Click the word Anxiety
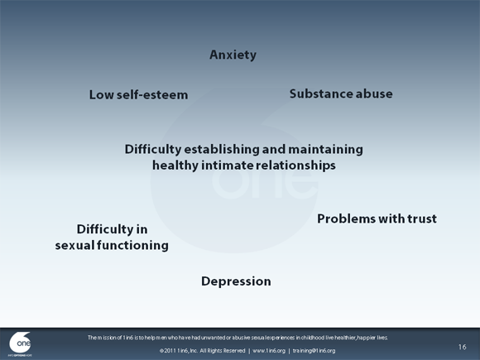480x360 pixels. coord(233,55)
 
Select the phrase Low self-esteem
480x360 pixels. coord(138,94)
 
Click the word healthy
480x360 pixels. coord(175,166)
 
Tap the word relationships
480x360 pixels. coord(295,166)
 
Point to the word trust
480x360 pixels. coord(420,218)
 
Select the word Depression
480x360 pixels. coord(236,281)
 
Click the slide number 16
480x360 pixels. coord(462,346)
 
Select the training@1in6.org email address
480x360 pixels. coord(314,351)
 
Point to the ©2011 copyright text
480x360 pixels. coord(169,351)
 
